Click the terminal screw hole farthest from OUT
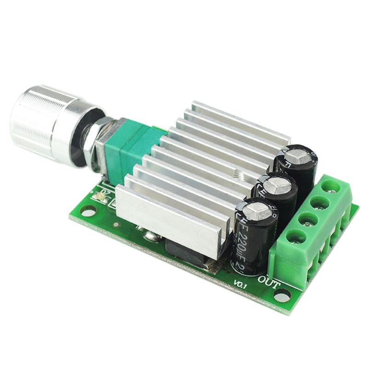pos(328,186)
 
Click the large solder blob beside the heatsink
pos(150,237)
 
